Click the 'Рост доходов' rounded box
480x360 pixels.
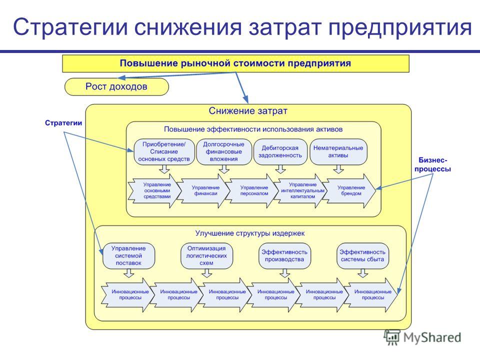[116, 86]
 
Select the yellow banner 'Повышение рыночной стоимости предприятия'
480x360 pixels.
[235, 63]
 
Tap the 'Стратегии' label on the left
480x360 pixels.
[63, 123]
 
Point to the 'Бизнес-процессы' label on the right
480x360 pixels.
[432, 164]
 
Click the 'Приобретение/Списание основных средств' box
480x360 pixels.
[164, 152]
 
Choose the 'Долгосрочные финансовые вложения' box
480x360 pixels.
[224, 152]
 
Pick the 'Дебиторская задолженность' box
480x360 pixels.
[280, 152]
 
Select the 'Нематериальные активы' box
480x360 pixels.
[338, 152]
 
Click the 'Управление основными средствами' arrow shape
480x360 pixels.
[154, 190]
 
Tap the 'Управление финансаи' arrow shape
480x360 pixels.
[203, 190]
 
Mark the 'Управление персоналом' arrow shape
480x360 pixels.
[252, 190]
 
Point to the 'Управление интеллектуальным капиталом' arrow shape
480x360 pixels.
[300, 190]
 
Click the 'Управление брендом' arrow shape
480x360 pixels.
[349, 190]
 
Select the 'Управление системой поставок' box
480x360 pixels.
[128, 256]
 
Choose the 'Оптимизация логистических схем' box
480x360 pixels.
[206, 256]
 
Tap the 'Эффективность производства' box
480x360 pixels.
[284, 256]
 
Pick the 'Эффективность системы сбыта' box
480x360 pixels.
[363, 256]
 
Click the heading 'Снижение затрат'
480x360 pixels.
[248, 111]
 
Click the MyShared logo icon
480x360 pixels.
[392, 337]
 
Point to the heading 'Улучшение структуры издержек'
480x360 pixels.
[250, 233]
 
